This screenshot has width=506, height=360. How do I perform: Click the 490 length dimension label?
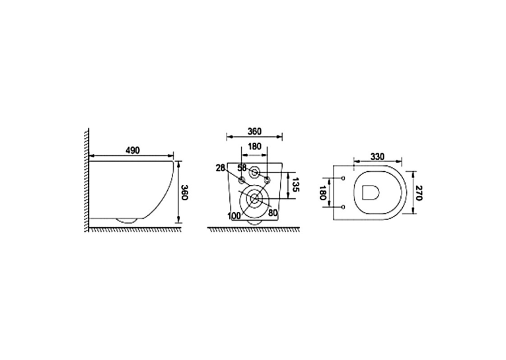133,151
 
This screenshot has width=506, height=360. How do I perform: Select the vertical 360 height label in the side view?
184,192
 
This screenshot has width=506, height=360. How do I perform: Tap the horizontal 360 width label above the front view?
254,131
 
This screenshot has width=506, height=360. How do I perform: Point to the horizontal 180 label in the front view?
254,147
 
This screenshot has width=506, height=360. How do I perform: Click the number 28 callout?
221,168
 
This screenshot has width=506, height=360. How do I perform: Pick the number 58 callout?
242,168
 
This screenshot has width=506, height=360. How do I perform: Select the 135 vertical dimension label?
296,184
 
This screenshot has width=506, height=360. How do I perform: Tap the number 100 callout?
234,216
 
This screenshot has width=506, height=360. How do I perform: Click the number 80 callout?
273,213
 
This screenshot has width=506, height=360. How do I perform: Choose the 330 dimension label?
377,157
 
